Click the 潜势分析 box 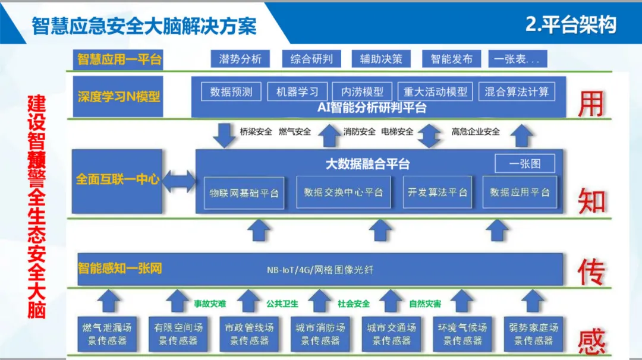click(x=240, y=59)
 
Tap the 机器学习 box click(x=297, y=91)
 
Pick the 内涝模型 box click(x=362, y=91)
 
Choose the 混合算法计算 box click(x=517, y=91)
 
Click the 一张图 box click(x=525, y=163)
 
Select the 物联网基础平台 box click(x=244, y=192)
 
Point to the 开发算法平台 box click(x=438, y=192)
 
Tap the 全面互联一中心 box click(x=117, y=181)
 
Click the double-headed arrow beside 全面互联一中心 click(x=180, y=181)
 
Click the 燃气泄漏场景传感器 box click(x=107, y=334)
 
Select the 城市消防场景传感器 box click(x=320, y=334)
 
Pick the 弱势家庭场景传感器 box click(x=533, y=334)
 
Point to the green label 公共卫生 click(x=282, y=304)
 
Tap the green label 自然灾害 click(x=425, y=304)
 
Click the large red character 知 click(x=591, y=202)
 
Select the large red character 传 click(x=591, y=272)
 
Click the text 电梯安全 click(x=397, y=132)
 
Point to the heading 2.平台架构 click(x=571, y=25)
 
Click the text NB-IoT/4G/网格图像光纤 click(x=320, y=270)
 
